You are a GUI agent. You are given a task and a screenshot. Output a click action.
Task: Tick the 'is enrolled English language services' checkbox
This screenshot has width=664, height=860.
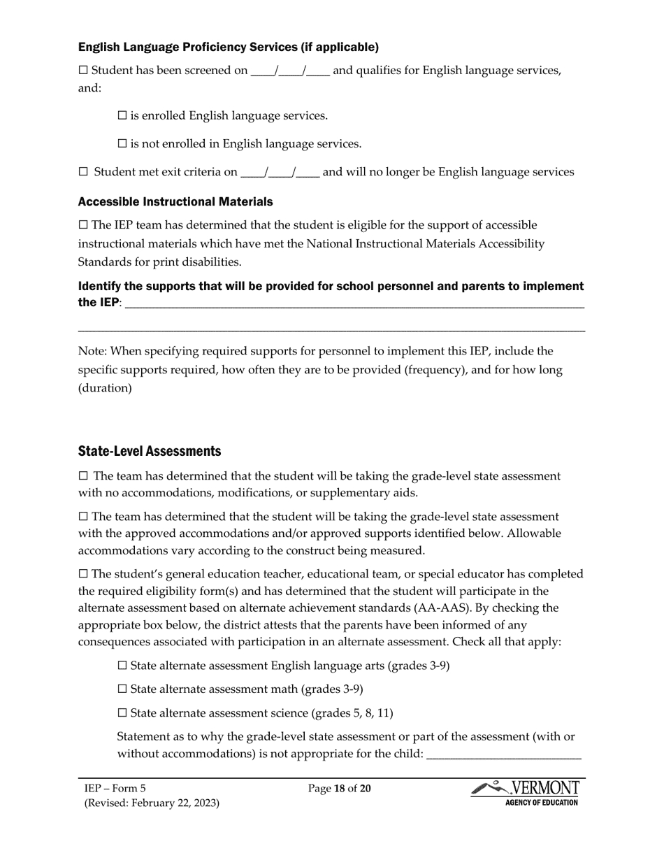coord(122,115)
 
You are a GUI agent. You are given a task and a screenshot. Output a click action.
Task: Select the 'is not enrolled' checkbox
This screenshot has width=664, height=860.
coord(122,144)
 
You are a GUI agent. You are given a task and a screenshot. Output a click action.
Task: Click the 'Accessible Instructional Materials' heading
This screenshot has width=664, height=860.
coord(175,201)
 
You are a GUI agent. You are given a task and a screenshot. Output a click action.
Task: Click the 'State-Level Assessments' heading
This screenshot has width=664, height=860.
coord(150,450)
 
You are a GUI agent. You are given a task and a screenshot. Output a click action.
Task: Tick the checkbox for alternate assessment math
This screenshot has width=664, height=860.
coord(122,689)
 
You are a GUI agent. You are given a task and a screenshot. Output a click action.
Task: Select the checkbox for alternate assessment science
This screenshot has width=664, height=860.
coord(122,713)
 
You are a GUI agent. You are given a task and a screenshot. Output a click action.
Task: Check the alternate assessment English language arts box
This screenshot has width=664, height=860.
coord(122,666)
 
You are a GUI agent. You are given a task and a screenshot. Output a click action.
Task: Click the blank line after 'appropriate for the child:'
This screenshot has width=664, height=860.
coord(503,757)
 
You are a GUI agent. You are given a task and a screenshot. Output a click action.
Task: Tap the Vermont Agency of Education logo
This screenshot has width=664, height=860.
coord(525,794)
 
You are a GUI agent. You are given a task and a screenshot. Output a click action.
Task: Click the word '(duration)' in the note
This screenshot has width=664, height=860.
coord(105,388)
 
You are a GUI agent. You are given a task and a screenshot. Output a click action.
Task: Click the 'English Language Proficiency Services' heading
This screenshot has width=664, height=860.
coord(229,47)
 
